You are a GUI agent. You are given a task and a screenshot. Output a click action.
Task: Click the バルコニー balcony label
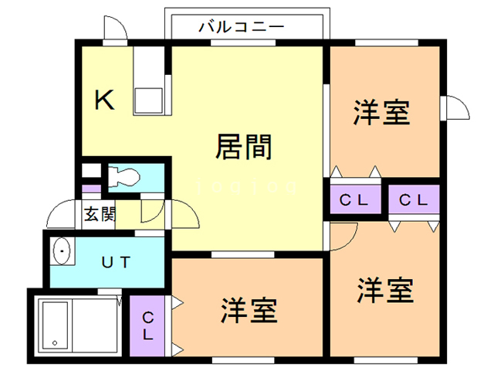pyautogui.click(x=242, y=26)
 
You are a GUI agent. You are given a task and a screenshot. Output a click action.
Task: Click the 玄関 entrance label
pyautogui.click(x=99, y=213)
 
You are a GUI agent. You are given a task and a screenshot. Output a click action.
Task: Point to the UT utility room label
pyautogui.click(x=117, y=261)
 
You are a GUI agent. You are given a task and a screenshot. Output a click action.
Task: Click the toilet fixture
pyautogui.click(x=123, y=177)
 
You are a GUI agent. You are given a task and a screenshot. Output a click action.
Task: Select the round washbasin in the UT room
pyautogui.click(x=61, y=251)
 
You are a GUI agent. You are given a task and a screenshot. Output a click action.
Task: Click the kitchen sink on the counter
pyautogui.click(x=148, y=100)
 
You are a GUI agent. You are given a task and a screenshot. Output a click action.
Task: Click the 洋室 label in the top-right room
pyautogui.click(x=381, y=113)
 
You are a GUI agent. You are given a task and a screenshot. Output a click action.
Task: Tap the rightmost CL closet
pyautogui.click(x=414, y=200)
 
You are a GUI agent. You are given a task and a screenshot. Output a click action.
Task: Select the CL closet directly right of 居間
pyautogui.click(x=354, y=200)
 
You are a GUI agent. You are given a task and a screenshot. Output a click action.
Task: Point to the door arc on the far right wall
pyautogui.click(x=456, y=107)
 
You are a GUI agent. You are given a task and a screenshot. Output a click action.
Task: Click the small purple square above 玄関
pyautogui.click(x=90, y=189)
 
